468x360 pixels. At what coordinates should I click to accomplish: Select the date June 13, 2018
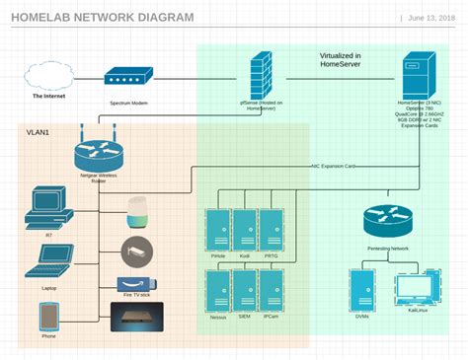tap(432, 18)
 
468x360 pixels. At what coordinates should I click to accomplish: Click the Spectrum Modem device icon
tap(128, 78)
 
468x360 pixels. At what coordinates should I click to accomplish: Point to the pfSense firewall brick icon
tap(261, 74)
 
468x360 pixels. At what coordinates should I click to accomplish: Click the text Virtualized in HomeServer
tap(340, 60)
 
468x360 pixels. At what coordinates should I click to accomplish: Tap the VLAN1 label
tap(39, 132)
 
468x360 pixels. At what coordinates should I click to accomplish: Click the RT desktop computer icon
tap(48, 207)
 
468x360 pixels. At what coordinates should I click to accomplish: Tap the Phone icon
tap(48, 317)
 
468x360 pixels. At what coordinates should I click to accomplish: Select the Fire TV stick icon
tap(136, 283)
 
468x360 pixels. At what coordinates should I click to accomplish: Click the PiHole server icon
tap(218, 230)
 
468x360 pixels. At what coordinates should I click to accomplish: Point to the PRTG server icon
tap(272, 230)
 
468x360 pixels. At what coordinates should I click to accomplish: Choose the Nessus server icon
tap(218, 291)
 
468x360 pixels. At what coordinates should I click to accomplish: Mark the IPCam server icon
tap(272, 291)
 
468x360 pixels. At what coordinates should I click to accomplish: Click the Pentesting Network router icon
tap(387, 221)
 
